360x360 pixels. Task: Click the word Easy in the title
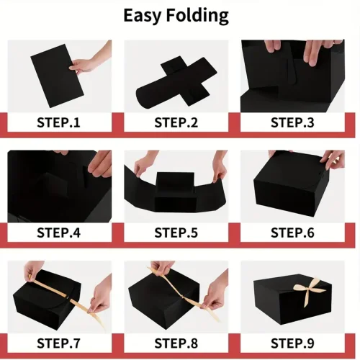(x=142, y=16)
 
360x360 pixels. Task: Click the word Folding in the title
(x=197, y=16)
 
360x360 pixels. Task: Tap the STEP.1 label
(x=58, y=122)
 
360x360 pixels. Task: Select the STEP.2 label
(x=176, y=122)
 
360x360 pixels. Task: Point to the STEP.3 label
(x=292, y=122)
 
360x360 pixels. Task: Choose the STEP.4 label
(x=58, y=233)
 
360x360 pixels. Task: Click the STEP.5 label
(x=176, y=233)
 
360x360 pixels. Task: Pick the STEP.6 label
(x=292, y=233)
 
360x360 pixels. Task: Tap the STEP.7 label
(x=58, y=343)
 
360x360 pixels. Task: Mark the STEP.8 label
(x=176, y=343)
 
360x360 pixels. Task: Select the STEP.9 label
(x=292, y=343)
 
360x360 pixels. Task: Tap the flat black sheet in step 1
(x=57, y=76)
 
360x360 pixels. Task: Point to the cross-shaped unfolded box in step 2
(x=176, y=81)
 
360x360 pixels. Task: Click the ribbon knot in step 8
(x=184, y=297)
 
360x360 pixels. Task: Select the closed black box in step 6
(x=292, y=184)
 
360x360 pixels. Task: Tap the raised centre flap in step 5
(x=175, y=181)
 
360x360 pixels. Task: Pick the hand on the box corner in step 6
(x=333, y=160)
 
